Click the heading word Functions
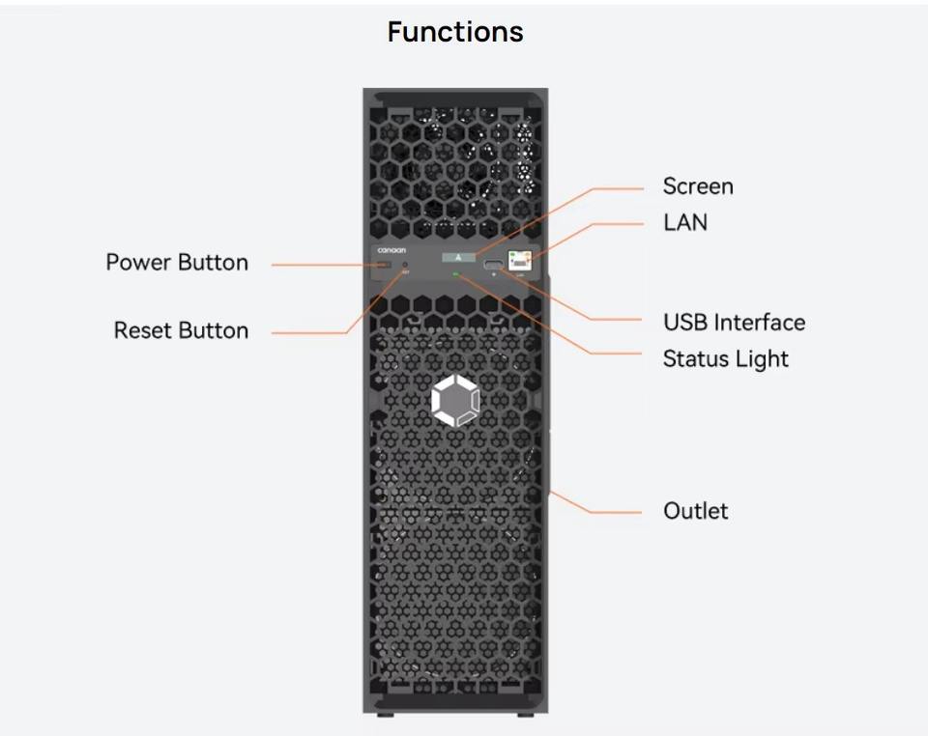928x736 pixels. coord(455,32)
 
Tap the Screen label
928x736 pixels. coord(698,186)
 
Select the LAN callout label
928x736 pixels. coord(685,222)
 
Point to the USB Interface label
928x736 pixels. coord(734,323)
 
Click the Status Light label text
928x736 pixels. coord(725,359)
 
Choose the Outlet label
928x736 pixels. coord(696,511)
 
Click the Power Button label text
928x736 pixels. coord(177,263)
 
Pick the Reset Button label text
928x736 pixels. coord(181,330)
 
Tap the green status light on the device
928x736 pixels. coord(455,274)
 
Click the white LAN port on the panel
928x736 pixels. coord(519,259)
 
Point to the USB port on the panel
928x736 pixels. coord(494,264)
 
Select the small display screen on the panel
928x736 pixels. coord(458,257)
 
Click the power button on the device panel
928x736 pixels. coord(384,264)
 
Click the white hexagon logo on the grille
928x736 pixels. coord(454,401)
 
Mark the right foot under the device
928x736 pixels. coord(524,715)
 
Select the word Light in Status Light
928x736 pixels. coord(764,359)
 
